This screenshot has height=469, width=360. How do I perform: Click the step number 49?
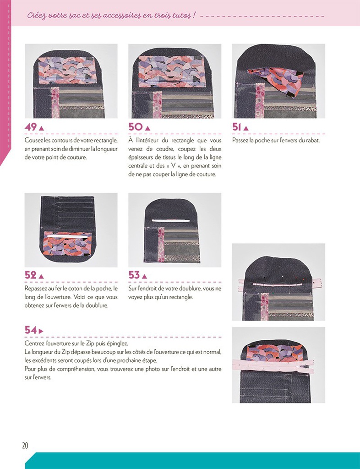[31, 127]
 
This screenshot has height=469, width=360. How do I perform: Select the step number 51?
[237, 127]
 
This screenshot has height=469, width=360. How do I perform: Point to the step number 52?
[31, 275]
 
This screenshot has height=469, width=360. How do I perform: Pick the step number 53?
[134, 275]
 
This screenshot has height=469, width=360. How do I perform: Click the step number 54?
[31, 330]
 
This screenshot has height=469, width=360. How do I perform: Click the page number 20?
[26, 446]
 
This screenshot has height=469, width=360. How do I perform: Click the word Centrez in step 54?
[35, 344]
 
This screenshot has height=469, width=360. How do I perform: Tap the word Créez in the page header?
[37, 15]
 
